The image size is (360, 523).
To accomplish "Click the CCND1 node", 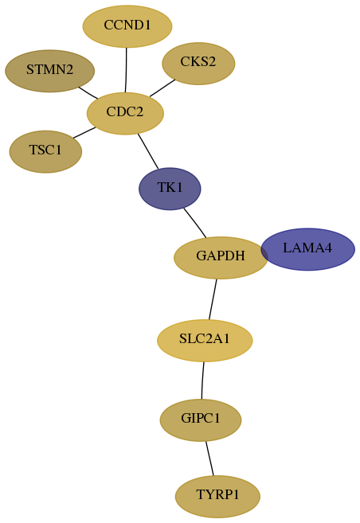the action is point(127,26).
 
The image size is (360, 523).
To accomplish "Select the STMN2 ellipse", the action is point(49,71).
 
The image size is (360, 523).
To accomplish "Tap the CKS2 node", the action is point(198,64).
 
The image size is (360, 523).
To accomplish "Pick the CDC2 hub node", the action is point(125,113).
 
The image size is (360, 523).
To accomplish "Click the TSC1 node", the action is point(45,152).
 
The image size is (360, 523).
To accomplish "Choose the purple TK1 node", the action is point(170,189).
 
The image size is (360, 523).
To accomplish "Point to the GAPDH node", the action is point(221,257).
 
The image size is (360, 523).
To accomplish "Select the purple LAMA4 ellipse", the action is point(307,249).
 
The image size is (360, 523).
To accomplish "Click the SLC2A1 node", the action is point(205,341).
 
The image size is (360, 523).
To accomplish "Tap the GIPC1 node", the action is point(201,420).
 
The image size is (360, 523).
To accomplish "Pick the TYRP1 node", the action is point(217,497).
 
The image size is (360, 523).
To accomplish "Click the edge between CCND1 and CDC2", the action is point(126,70).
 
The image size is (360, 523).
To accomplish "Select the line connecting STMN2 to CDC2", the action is point(88,92).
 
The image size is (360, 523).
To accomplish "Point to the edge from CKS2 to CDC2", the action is point(162,88).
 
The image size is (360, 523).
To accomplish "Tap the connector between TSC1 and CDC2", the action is point(84,132).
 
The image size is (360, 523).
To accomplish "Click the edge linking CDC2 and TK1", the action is point(148,151).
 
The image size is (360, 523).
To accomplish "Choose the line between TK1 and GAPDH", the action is point(195,223).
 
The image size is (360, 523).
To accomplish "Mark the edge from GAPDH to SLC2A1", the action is point(213,299).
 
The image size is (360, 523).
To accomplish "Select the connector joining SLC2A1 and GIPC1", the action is point(202,381).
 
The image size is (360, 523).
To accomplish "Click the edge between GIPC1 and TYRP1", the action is point(209,459).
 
